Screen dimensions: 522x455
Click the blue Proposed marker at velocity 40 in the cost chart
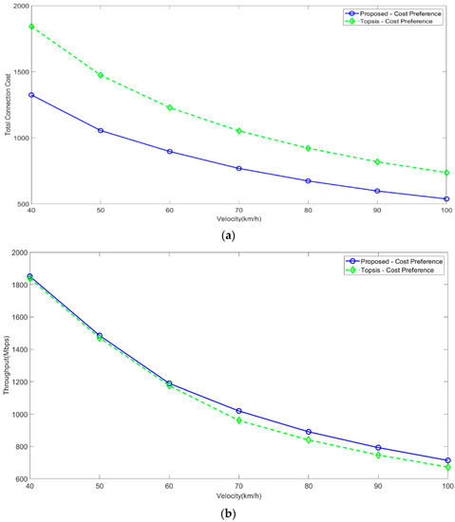point(31,95)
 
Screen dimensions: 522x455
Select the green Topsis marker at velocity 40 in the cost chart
point(31,27)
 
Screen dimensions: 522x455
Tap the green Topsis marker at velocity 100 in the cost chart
point(446,173)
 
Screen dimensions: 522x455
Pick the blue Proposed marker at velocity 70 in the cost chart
point(239,168)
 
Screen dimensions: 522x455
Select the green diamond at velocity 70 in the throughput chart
point(239,419)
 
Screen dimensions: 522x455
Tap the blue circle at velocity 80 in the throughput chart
point(309,432)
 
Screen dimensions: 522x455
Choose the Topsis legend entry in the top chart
point(389,21)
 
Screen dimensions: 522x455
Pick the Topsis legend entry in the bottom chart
point(389,270)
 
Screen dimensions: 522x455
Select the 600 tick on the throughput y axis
point(20,479)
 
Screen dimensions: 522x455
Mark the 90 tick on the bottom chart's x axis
point(377,487)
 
